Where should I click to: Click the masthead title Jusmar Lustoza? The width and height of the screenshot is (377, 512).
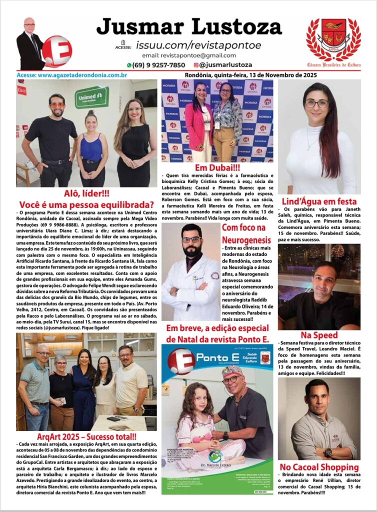click(x=189, y=26)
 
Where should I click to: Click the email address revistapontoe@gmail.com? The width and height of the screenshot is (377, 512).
click(x=189, y=55)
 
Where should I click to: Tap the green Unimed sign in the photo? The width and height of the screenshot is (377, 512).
click(x=92, y=97)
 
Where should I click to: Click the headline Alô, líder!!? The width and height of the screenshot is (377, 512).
click(x=86, y=193)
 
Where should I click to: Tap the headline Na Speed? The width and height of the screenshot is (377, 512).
click(x=319, y=335)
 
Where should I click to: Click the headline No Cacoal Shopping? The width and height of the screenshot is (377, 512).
click(x=319, y=467)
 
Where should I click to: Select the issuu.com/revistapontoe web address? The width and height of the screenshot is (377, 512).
click(x=198, y=45)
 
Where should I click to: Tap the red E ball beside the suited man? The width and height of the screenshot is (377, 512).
click(x=56, y=51)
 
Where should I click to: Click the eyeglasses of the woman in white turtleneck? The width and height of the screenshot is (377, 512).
click(x=316, y=103)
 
